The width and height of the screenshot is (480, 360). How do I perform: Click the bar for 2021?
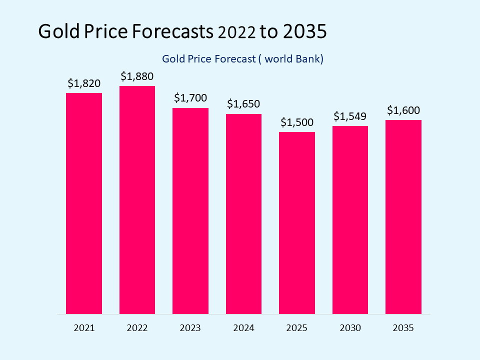[84, 203]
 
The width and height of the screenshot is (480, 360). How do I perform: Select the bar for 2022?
[137, 200]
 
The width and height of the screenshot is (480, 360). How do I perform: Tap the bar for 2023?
[190, 211]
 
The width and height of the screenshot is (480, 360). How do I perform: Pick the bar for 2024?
[243, 214]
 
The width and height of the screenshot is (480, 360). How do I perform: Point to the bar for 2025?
[297, 223]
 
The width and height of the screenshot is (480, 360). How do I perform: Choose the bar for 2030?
[350, 220]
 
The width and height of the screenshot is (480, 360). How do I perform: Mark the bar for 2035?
[403, 217]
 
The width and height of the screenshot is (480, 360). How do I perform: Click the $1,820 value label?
[84, 83]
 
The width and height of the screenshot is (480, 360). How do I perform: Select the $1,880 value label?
[137, 76]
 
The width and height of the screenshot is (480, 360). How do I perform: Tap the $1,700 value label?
[190, 98]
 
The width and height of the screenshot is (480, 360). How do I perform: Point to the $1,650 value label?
[243, 104]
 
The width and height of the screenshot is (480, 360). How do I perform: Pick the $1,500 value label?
[297, 122]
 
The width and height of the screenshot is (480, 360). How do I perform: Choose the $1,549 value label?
[350, 116]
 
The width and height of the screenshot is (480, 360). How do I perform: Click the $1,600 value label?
[403, 110]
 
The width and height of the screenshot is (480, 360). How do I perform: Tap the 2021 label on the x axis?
[84, 328]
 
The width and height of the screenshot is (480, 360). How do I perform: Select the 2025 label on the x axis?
[297, 328]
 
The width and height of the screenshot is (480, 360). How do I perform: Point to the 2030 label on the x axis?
[350, 328]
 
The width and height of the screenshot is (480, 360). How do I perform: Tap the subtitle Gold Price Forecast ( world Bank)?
[243, 59]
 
